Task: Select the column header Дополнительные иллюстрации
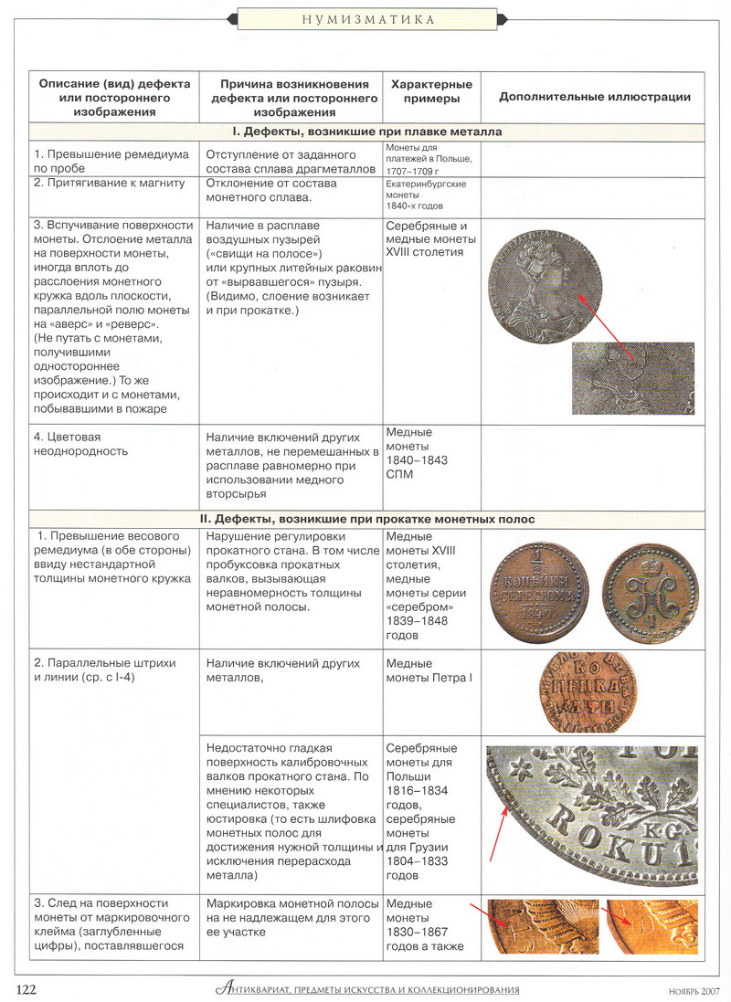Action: (x=594, y=97)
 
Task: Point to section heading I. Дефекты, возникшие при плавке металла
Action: (x=365, y=132)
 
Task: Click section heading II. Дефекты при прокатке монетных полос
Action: (x=365, y=519)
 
